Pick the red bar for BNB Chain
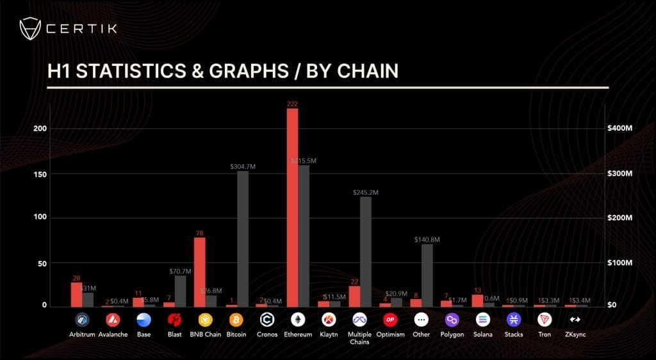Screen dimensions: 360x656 click(x=200, y=272)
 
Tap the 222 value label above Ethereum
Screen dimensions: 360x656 click(x=292, y=104)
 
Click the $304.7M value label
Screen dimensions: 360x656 click(x=243, y=167)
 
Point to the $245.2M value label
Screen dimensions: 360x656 click(x=366, y=192)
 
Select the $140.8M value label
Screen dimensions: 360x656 click(x=427, y=240)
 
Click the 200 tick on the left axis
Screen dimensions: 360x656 click(x=41, y=129)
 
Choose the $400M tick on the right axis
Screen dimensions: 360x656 click(x=619, y=129)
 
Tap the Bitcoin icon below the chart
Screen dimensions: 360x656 click(x=236, y=319)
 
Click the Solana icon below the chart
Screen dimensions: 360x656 click(x=482, y=319)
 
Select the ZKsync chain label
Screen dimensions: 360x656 click(x=575, y=334)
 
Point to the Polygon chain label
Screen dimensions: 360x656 click(x=452, y=334)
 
